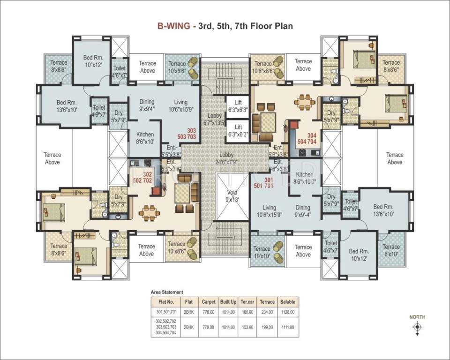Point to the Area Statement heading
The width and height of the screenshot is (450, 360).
coord(167,292)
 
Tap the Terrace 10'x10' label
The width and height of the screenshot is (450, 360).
coord(262,253)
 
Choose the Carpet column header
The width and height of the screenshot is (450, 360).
coord(208,301)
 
